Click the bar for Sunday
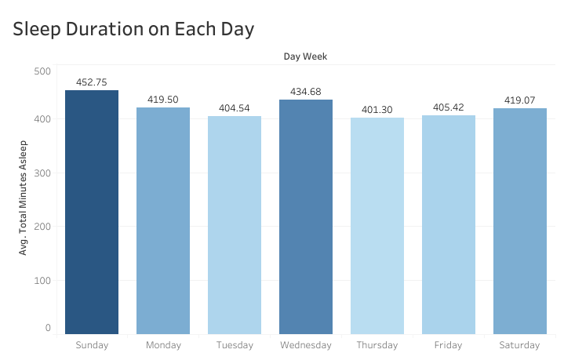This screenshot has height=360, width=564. click(92, 212)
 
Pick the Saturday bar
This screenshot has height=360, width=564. click(520, 220)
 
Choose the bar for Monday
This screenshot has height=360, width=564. click(163, 220)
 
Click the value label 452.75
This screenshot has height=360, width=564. click(92, 82)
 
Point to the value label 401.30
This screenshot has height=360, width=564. click(377, 111)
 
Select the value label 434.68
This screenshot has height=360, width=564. click(306, 93)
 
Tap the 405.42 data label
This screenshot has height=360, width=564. click(449, 108)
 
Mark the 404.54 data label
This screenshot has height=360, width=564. click(235, 109)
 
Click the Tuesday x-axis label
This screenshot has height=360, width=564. click(235, 345)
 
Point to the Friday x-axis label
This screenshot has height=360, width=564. click(449, 345)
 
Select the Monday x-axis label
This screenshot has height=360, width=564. click(163, 345)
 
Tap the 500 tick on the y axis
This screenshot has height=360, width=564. click(42, 71)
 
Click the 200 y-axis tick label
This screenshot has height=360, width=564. click(42, 226)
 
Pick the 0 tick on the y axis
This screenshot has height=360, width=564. click(48, 328)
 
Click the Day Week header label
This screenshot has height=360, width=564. click(305, 56)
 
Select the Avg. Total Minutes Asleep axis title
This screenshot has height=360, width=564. click(23, 197)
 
